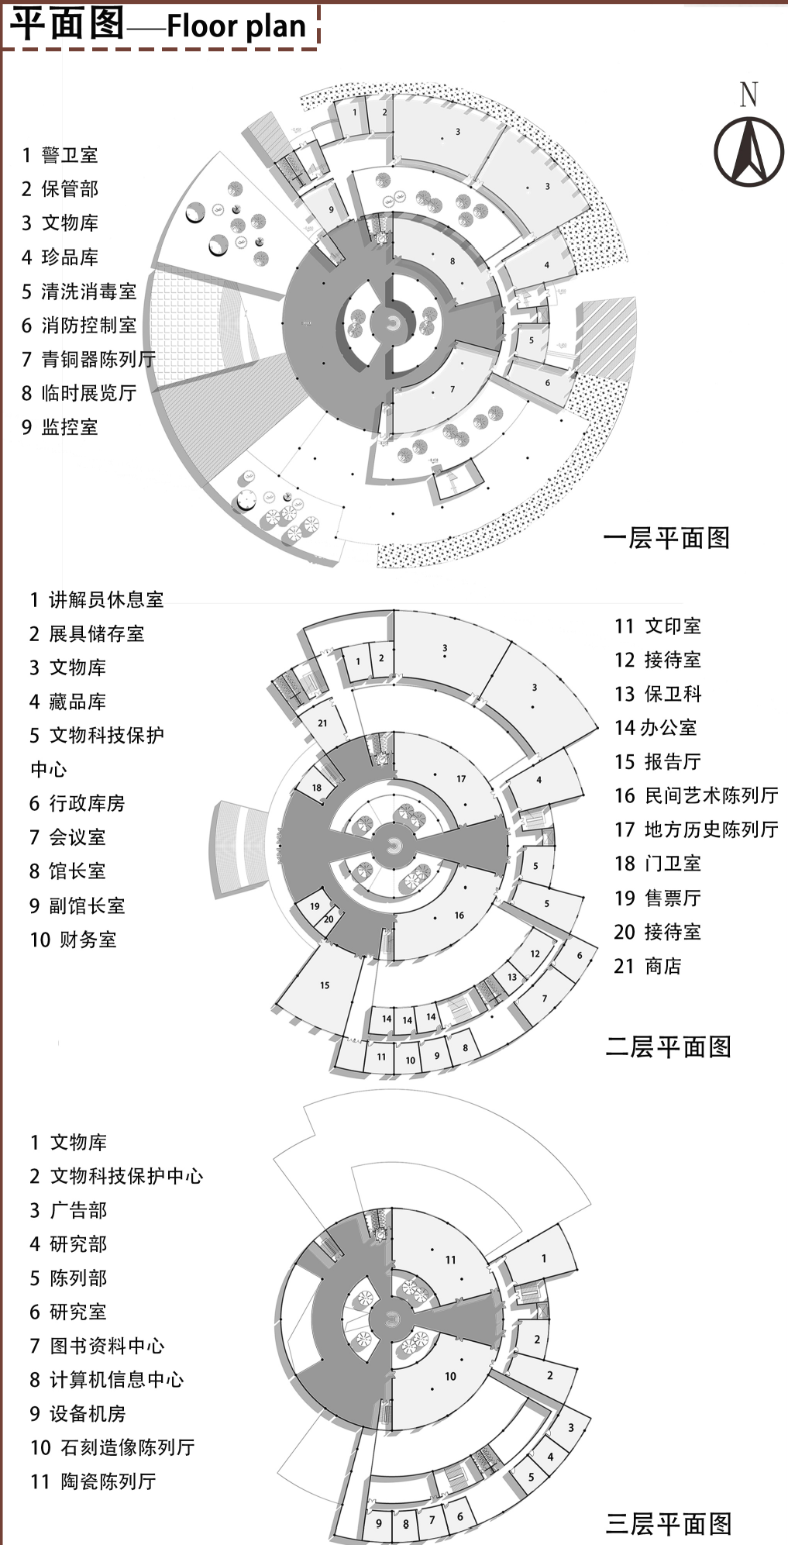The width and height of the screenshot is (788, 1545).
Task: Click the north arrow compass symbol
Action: (748, 150)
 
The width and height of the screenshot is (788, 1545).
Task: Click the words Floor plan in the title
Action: (236, 26)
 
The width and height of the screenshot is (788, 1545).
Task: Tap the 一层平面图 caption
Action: (666, 537)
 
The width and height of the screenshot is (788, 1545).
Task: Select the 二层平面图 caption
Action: (668, 1047)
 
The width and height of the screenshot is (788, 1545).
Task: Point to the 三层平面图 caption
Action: (668, 1523)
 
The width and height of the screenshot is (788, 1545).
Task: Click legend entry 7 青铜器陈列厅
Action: (88, 359)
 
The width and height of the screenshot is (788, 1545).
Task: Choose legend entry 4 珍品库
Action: (60, 257)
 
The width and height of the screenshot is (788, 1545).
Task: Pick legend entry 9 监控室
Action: (60, 426)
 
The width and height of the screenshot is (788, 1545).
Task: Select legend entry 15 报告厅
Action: (657, 761)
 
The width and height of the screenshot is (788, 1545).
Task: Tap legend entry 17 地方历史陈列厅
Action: (696, 829)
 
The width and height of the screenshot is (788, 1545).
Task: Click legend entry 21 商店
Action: (648, 966)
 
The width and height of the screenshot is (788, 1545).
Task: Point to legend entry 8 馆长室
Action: (67, 871)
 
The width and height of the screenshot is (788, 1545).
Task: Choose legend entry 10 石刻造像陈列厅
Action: (112, 1447)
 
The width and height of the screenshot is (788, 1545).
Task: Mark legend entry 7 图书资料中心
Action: (97, 1345)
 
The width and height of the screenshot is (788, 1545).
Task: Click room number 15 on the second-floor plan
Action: (325, 985)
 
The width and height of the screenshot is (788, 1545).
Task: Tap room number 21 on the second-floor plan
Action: (322, 723)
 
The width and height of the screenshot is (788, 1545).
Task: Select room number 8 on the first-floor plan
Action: (452, 261)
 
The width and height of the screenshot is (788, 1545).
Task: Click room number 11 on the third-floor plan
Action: (450, 1260)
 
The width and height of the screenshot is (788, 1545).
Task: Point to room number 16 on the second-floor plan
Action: (459, 916)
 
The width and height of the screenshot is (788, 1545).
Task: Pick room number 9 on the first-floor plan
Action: (331, 209)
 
